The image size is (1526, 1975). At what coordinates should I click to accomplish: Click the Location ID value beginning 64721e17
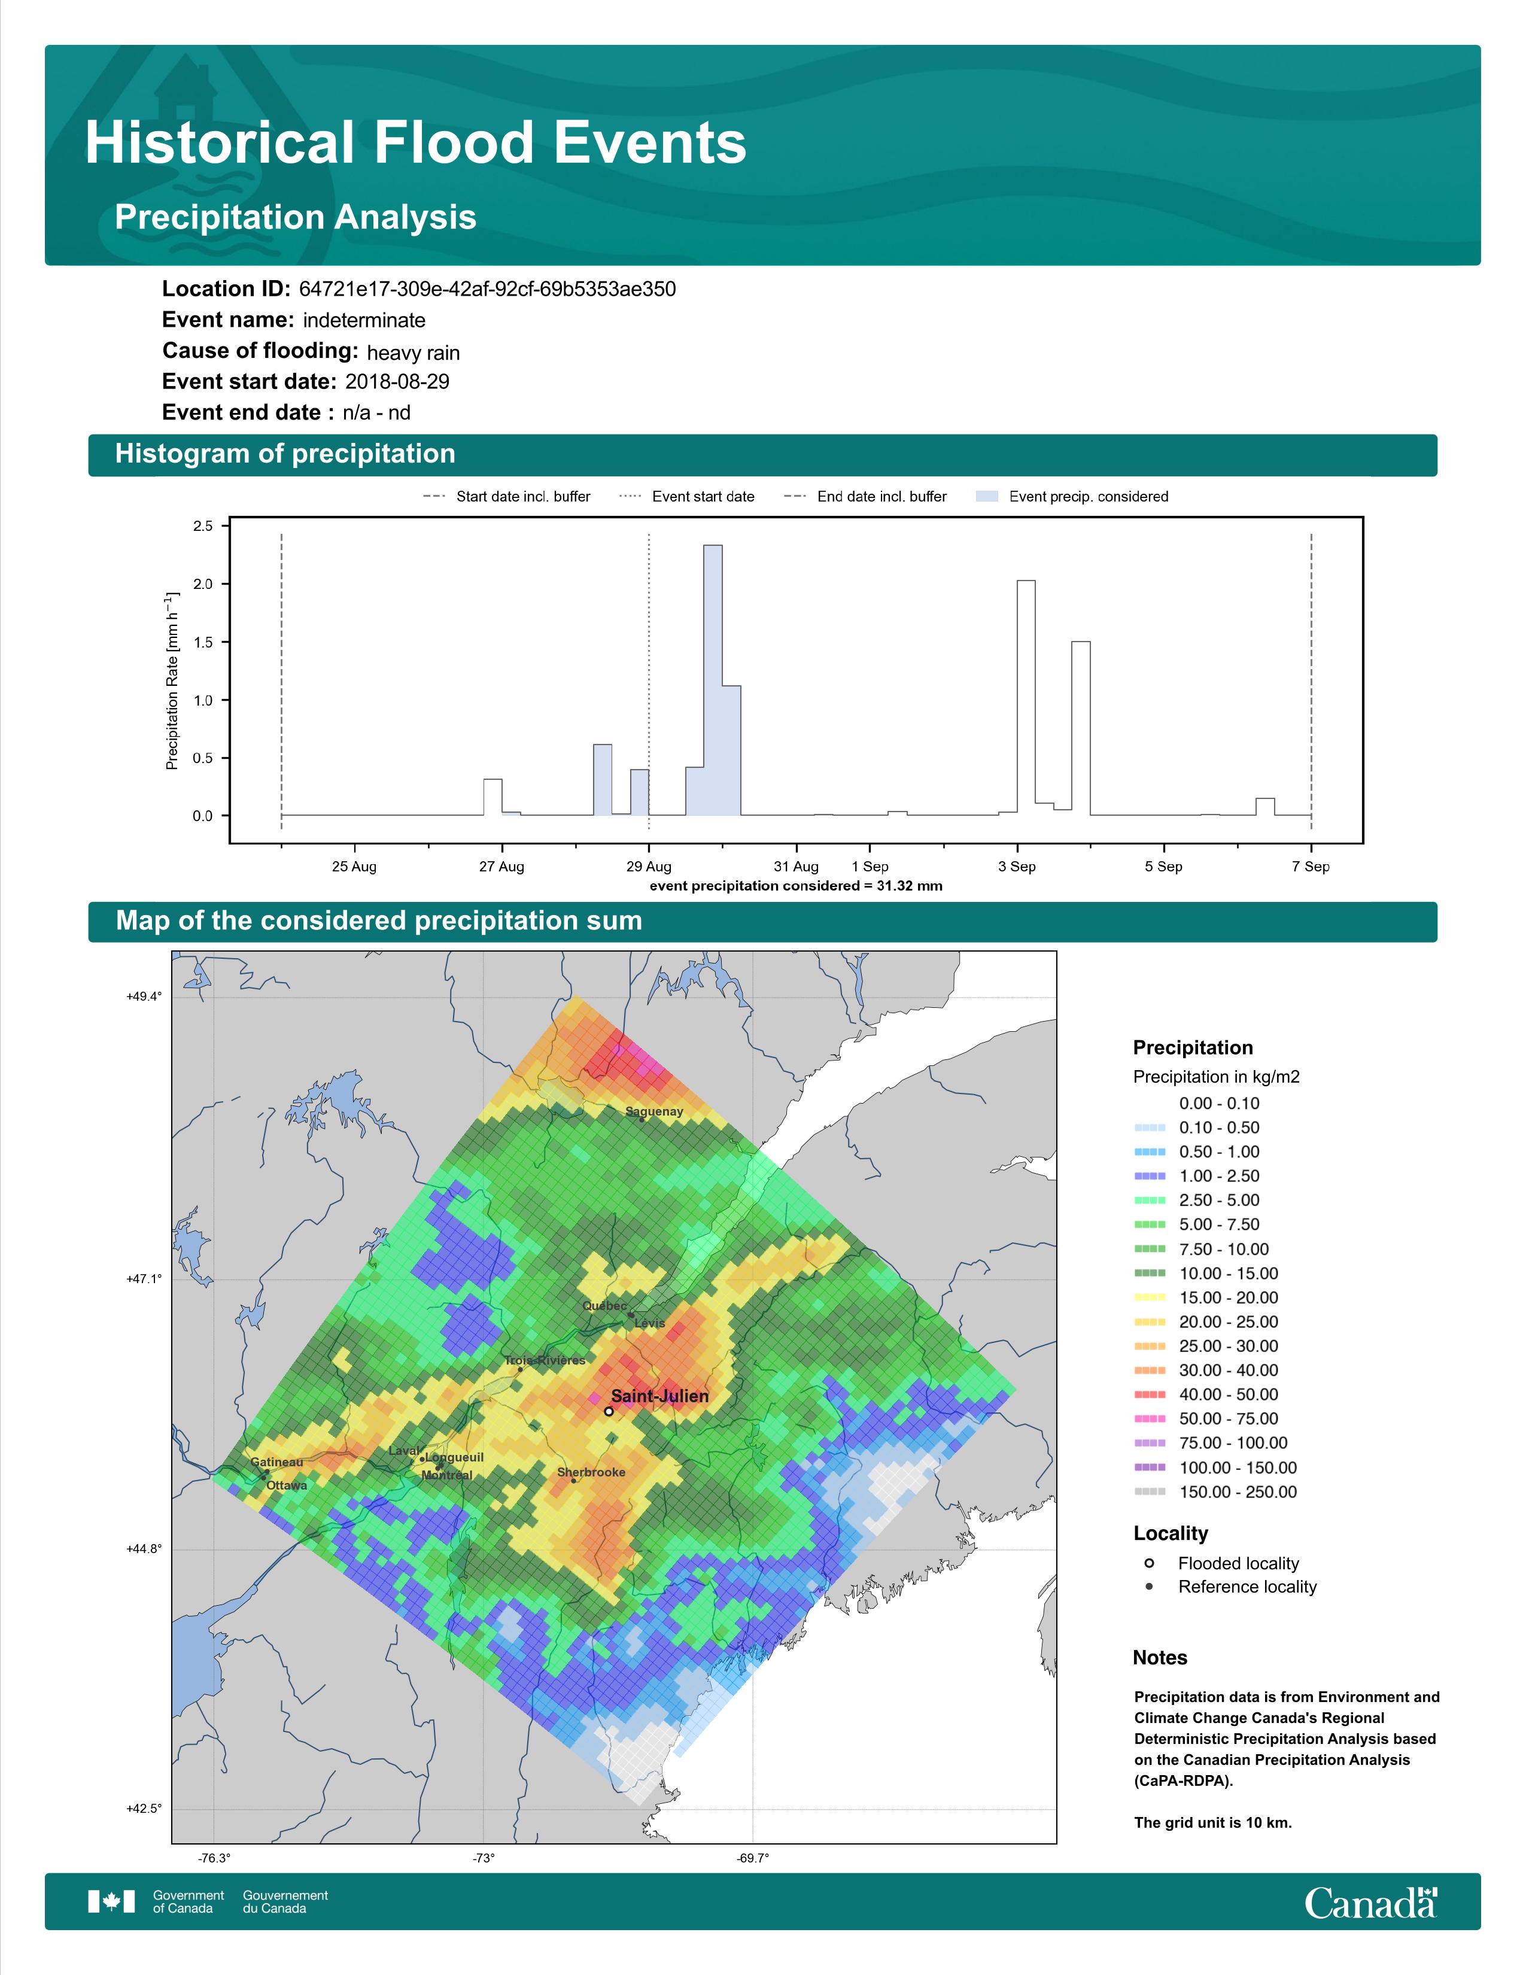(487, 290)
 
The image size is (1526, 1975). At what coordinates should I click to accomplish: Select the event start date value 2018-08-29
(397, 382)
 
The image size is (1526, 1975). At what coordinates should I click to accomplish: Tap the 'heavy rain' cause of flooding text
(413, 353)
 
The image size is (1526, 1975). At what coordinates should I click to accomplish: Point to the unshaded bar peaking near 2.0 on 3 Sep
(1026, 697)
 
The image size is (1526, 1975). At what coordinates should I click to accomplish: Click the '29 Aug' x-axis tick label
(649, 867)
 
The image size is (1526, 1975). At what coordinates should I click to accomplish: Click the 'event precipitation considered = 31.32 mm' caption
(795, 886)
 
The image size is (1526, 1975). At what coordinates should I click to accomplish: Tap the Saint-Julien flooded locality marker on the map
(609, 1411)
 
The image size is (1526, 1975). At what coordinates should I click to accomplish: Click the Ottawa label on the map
(287, 1485)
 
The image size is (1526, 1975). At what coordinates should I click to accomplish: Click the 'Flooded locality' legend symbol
(1149, 1563)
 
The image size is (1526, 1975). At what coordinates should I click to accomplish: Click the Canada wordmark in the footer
(1370, 1903)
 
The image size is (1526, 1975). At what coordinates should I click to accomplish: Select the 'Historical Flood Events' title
(416, 143)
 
